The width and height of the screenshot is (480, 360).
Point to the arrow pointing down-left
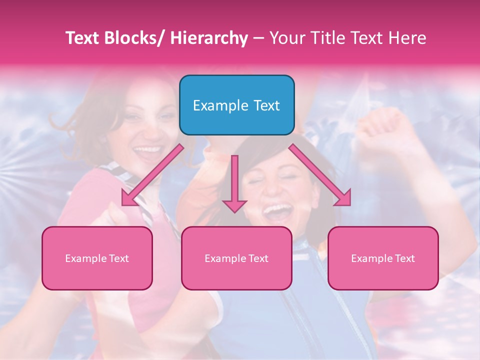coord(152,175)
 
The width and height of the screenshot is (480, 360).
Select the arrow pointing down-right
coord(320,175)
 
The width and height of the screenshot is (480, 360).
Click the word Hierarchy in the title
coord(209,38)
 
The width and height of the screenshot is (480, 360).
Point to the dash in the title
coord(258,38)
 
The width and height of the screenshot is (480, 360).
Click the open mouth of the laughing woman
coord(277,210)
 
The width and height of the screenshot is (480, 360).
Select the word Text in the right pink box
coord(405,258)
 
